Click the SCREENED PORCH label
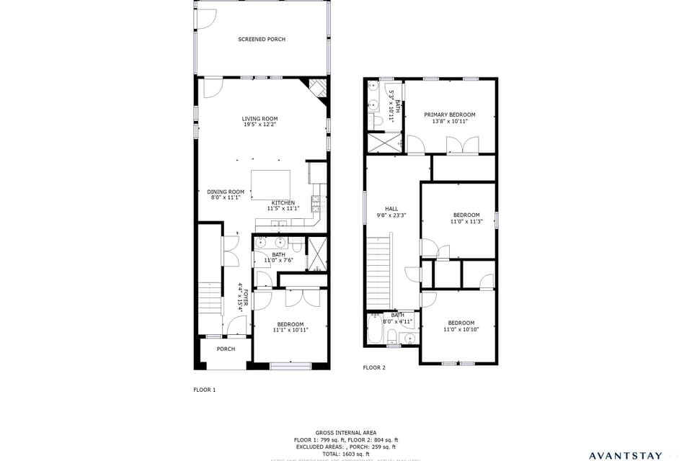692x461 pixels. [262, 40]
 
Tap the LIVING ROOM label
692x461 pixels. [259, 119]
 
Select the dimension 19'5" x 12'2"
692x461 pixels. [259, 125]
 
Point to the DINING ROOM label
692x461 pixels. [226, 192]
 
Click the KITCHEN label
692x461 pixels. [283, 203]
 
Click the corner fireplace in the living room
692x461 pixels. [318, 87]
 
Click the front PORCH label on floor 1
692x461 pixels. [226, 349]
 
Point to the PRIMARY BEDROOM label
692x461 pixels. [449, 115]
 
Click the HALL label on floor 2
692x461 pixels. [391, 209]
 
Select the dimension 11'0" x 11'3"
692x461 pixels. [466, 221]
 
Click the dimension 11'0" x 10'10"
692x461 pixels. [461, 329]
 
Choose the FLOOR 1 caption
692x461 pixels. [204, 390]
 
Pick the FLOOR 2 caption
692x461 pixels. [374, 367]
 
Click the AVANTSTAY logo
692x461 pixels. [625, 455]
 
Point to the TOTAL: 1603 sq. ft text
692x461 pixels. [345, 454]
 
